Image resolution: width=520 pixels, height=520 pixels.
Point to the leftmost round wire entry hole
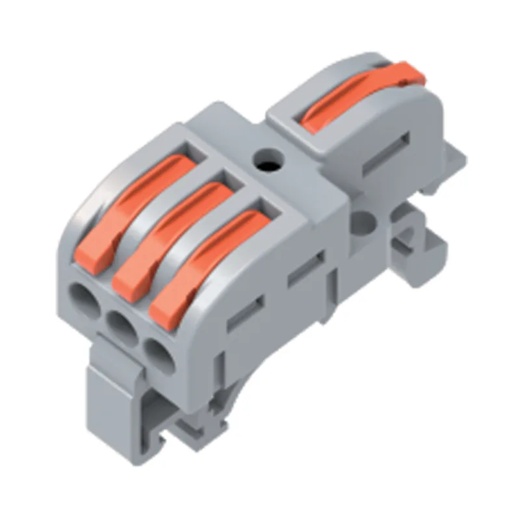(x=84, y=300)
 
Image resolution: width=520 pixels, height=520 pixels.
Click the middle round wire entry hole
(x=120, y=324)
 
